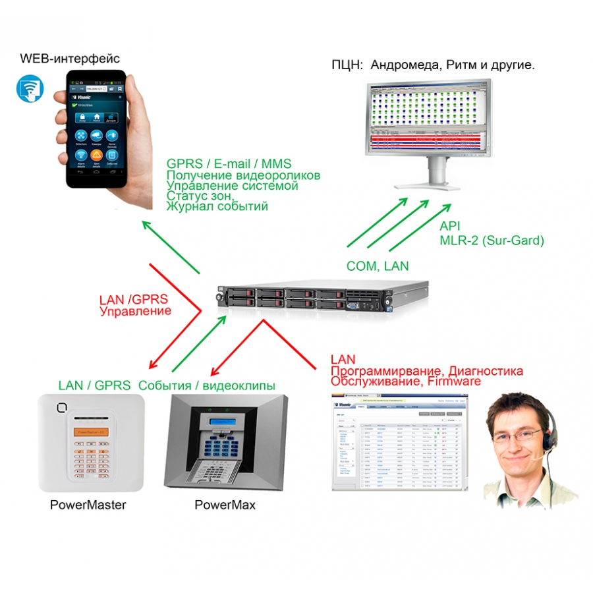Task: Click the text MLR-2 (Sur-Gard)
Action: point(492,240)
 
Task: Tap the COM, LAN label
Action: point(378,266)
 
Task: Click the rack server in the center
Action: point(324,300)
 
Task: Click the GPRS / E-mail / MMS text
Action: point(229,163)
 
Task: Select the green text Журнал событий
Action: point(217,206)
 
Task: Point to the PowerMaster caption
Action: point(88,505)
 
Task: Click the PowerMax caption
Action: point(225,505)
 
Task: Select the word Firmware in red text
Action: point(454,381)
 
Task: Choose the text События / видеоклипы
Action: point(207,385)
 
